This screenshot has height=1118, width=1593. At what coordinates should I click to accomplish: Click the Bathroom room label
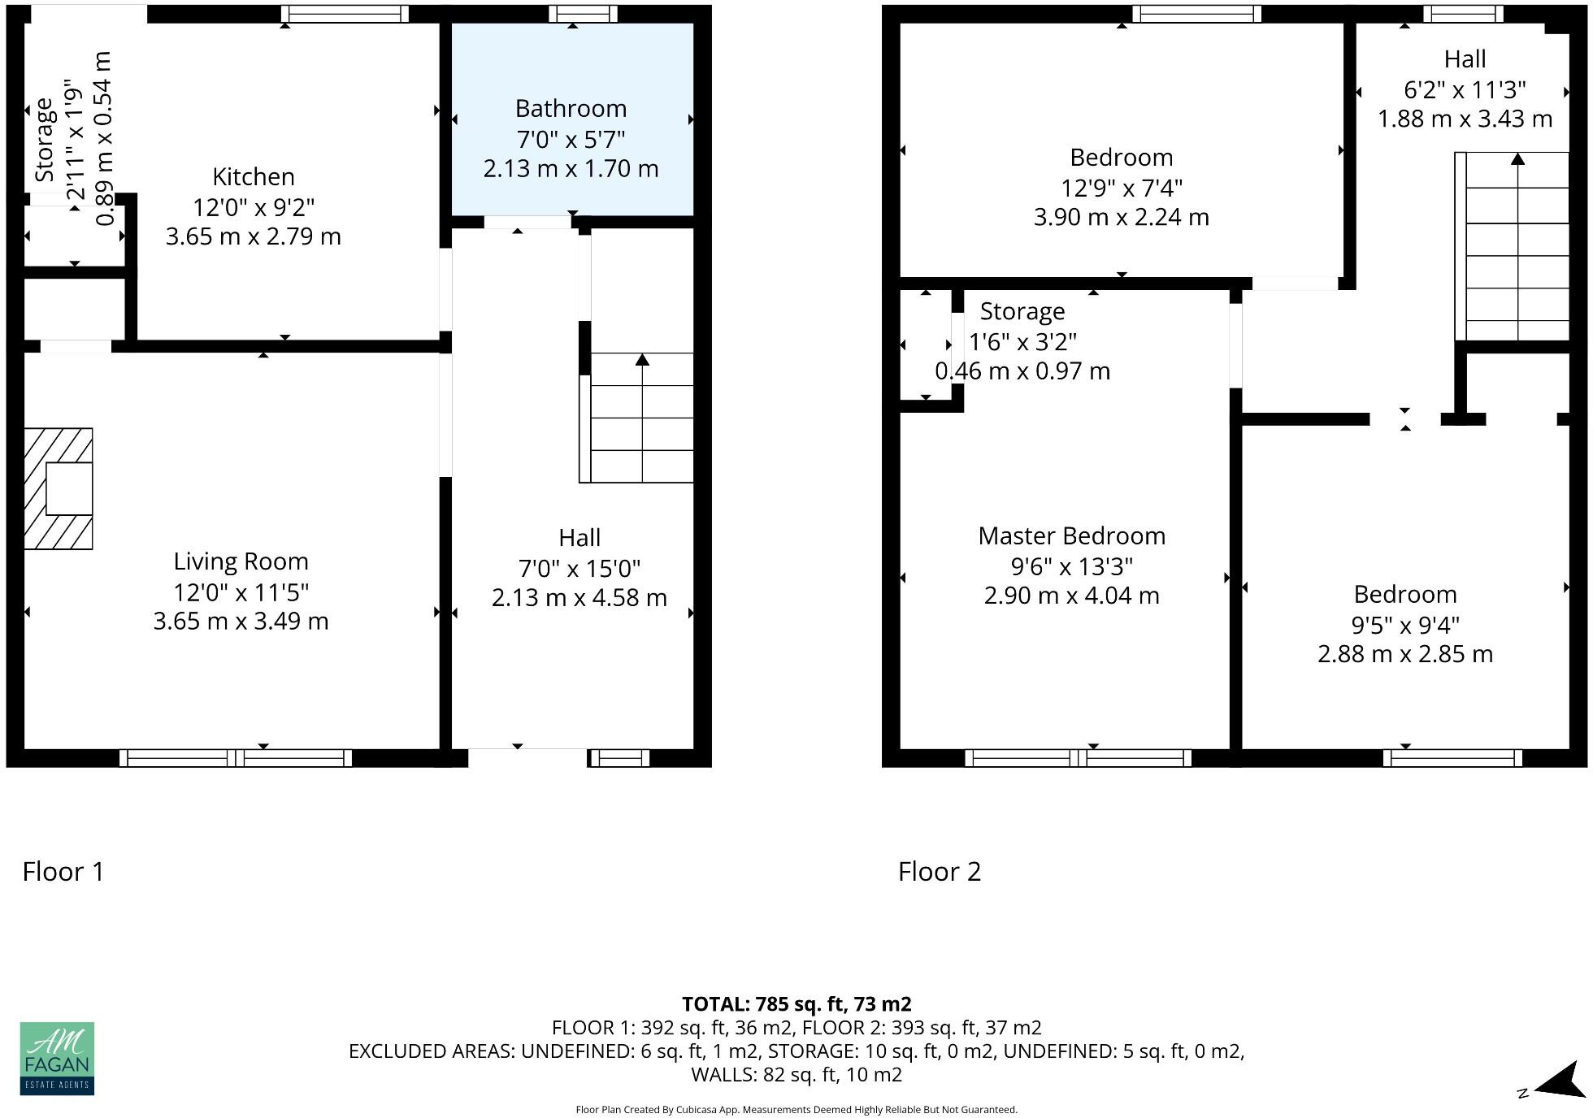[x=571, y=109]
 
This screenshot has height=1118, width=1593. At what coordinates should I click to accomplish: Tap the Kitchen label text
[x=254, y=177]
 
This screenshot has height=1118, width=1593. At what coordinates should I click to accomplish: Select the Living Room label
[x=241, y=561]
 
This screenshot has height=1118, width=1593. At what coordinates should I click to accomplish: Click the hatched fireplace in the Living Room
[x=58, y=488]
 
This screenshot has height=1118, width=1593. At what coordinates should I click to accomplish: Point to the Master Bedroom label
[x=1071, y=536]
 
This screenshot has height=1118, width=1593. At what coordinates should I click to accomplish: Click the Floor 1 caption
[x=63, y=872]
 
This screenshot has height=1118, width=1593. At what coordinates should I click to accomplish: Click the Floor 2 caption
[x=939, y=872]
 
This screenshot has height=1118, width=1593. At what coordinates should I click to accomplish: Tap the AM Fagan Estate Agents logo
[x=57, y=1058]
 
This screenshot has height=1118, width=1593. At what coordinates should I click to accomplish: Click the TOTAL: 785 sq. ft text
[x=796, y=1004]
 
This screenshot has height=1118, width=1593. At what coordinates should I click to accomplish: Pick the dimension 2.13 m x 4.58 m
[x=579, y=598]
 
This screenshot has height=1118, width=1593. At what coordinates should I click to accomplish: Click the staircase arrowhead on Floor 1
[x=642, y=359]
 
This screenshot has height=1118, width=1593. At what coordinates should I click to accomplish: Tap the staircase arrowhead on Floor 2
[x=1517, y=158]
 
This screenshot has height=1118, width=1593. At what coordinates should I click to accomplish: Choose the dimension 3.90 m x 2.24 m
[x=1121, y=218]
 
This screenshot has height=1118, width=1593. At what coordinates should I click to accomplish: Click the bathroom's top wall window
[x=583, y=14]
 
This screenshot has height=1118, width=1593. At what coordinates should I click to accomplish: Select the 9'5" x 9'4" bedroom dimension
[x=1404, y=625]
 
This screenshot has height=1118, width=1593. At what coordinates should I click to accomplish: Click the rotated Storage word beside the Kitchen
[x=44, y=140]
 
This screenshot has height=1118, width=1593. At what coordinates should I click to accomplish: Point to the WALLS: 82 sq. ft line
[x=796, y=1075]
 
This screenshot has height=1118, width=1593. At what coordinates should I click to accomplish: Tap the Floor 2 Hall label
[x=1465, y=59]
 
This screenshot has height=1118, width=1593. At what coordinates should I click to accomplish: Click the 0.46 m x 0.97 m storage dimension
[x=1022, y=371]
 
